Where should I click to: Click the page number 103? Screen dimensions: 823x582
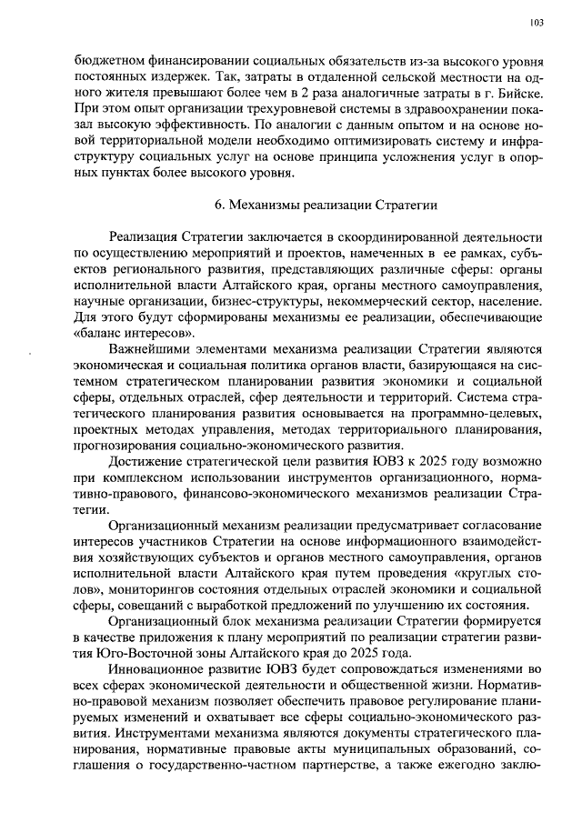pyautogui.click(x=536, y=22)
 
